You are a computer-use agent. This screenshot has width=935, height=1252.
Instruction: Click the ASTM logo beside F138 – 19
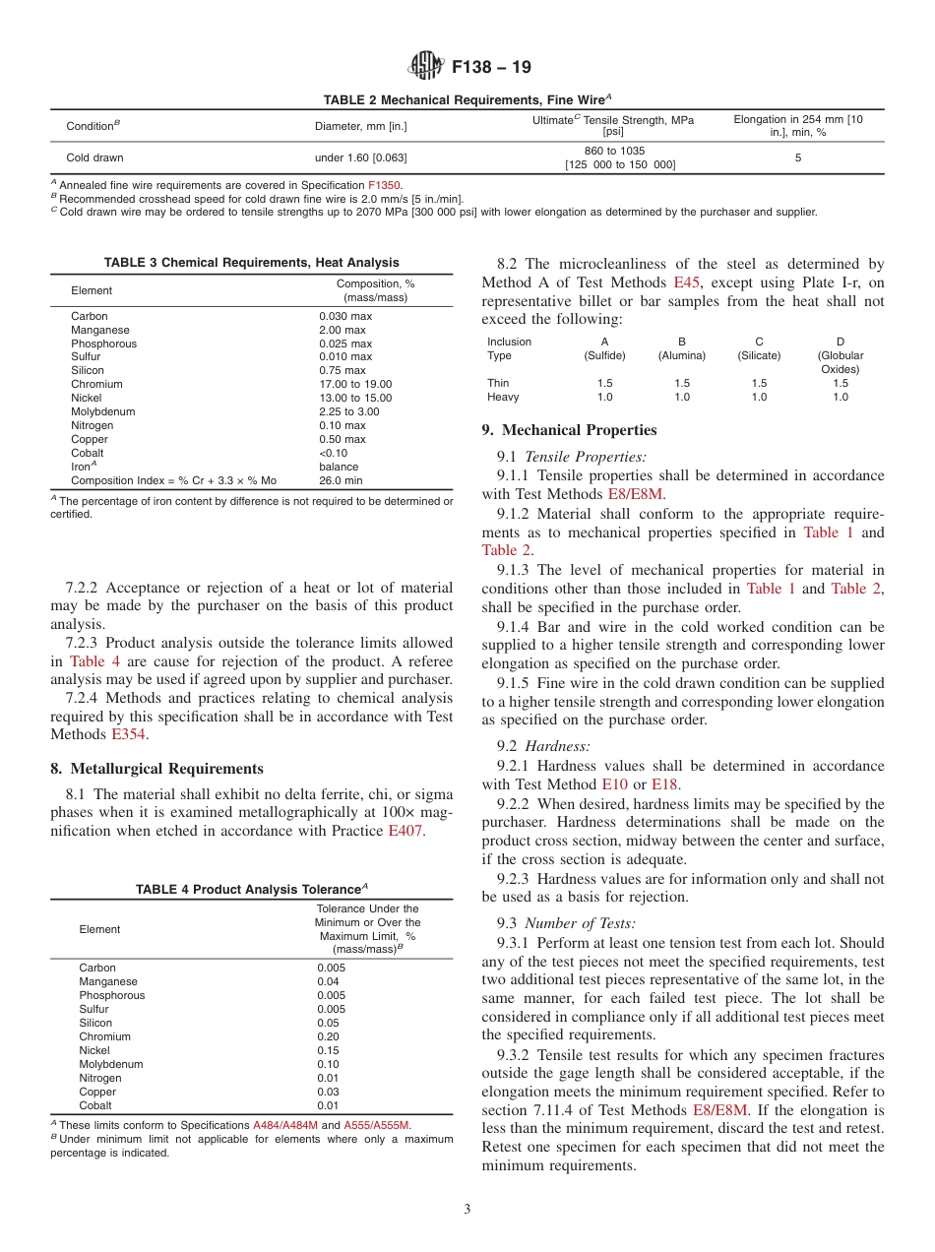pos(426,66)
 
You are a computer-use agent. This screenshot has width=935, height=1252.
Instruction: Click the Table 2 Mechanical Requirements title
pos(467,99)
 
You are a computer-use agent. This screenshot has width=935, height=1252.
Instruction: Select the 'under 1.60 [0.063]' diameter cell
pos(360,157)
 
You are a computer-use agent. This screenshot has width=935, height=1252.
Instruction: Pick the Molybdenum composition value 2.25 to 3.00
pos(348,411)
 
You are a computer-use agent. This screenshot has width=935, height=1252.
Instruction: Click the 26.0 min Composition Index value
pos(341,480)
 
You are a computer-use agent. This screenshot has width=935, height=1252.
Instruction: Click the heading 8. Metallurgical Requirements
pos(156,769)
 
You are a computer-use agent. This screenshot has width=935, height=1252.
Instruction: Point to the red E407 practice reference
pos(405,831)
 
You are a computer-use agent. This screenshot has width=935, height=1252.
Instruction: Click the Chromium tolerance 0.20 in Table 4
pos(329,1036)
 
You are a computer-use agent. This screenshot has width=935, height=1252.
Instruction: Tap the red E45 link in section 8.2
pos(686,282)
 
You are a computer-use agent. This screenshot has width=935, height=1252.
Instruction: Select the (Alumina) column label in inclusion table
pos(682,355)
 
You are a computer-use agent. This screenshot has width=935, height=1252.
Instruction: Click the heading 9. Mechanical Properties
pos(569,430)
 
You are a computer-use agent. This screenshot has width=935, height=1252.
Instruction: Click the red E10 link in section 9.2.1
pos(613,784)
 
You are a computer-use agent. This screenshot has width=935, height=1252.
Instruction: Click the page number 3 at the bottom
pos(467,1210)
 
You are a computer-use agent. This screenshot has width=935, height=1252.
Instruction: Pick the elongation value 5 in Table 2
pos(798,157)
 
